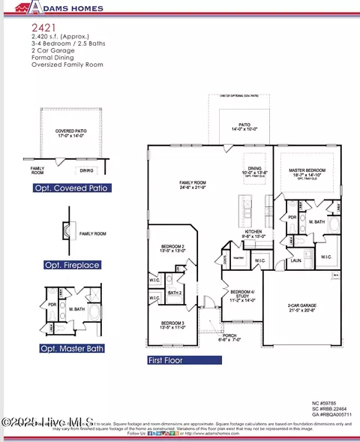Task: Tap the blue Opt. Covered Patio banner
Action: click(x=72, y=188)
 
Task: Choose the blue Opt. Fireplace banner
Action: click(x=72, y=265)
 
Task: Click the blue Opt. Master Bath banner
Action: click(x=72, y=348)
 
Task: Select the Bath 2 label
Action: click(x=175, y=293)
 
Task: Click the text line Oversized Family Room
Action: click(x=67, y=65)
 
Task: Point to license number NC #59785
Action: click(x=331, y=404)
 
